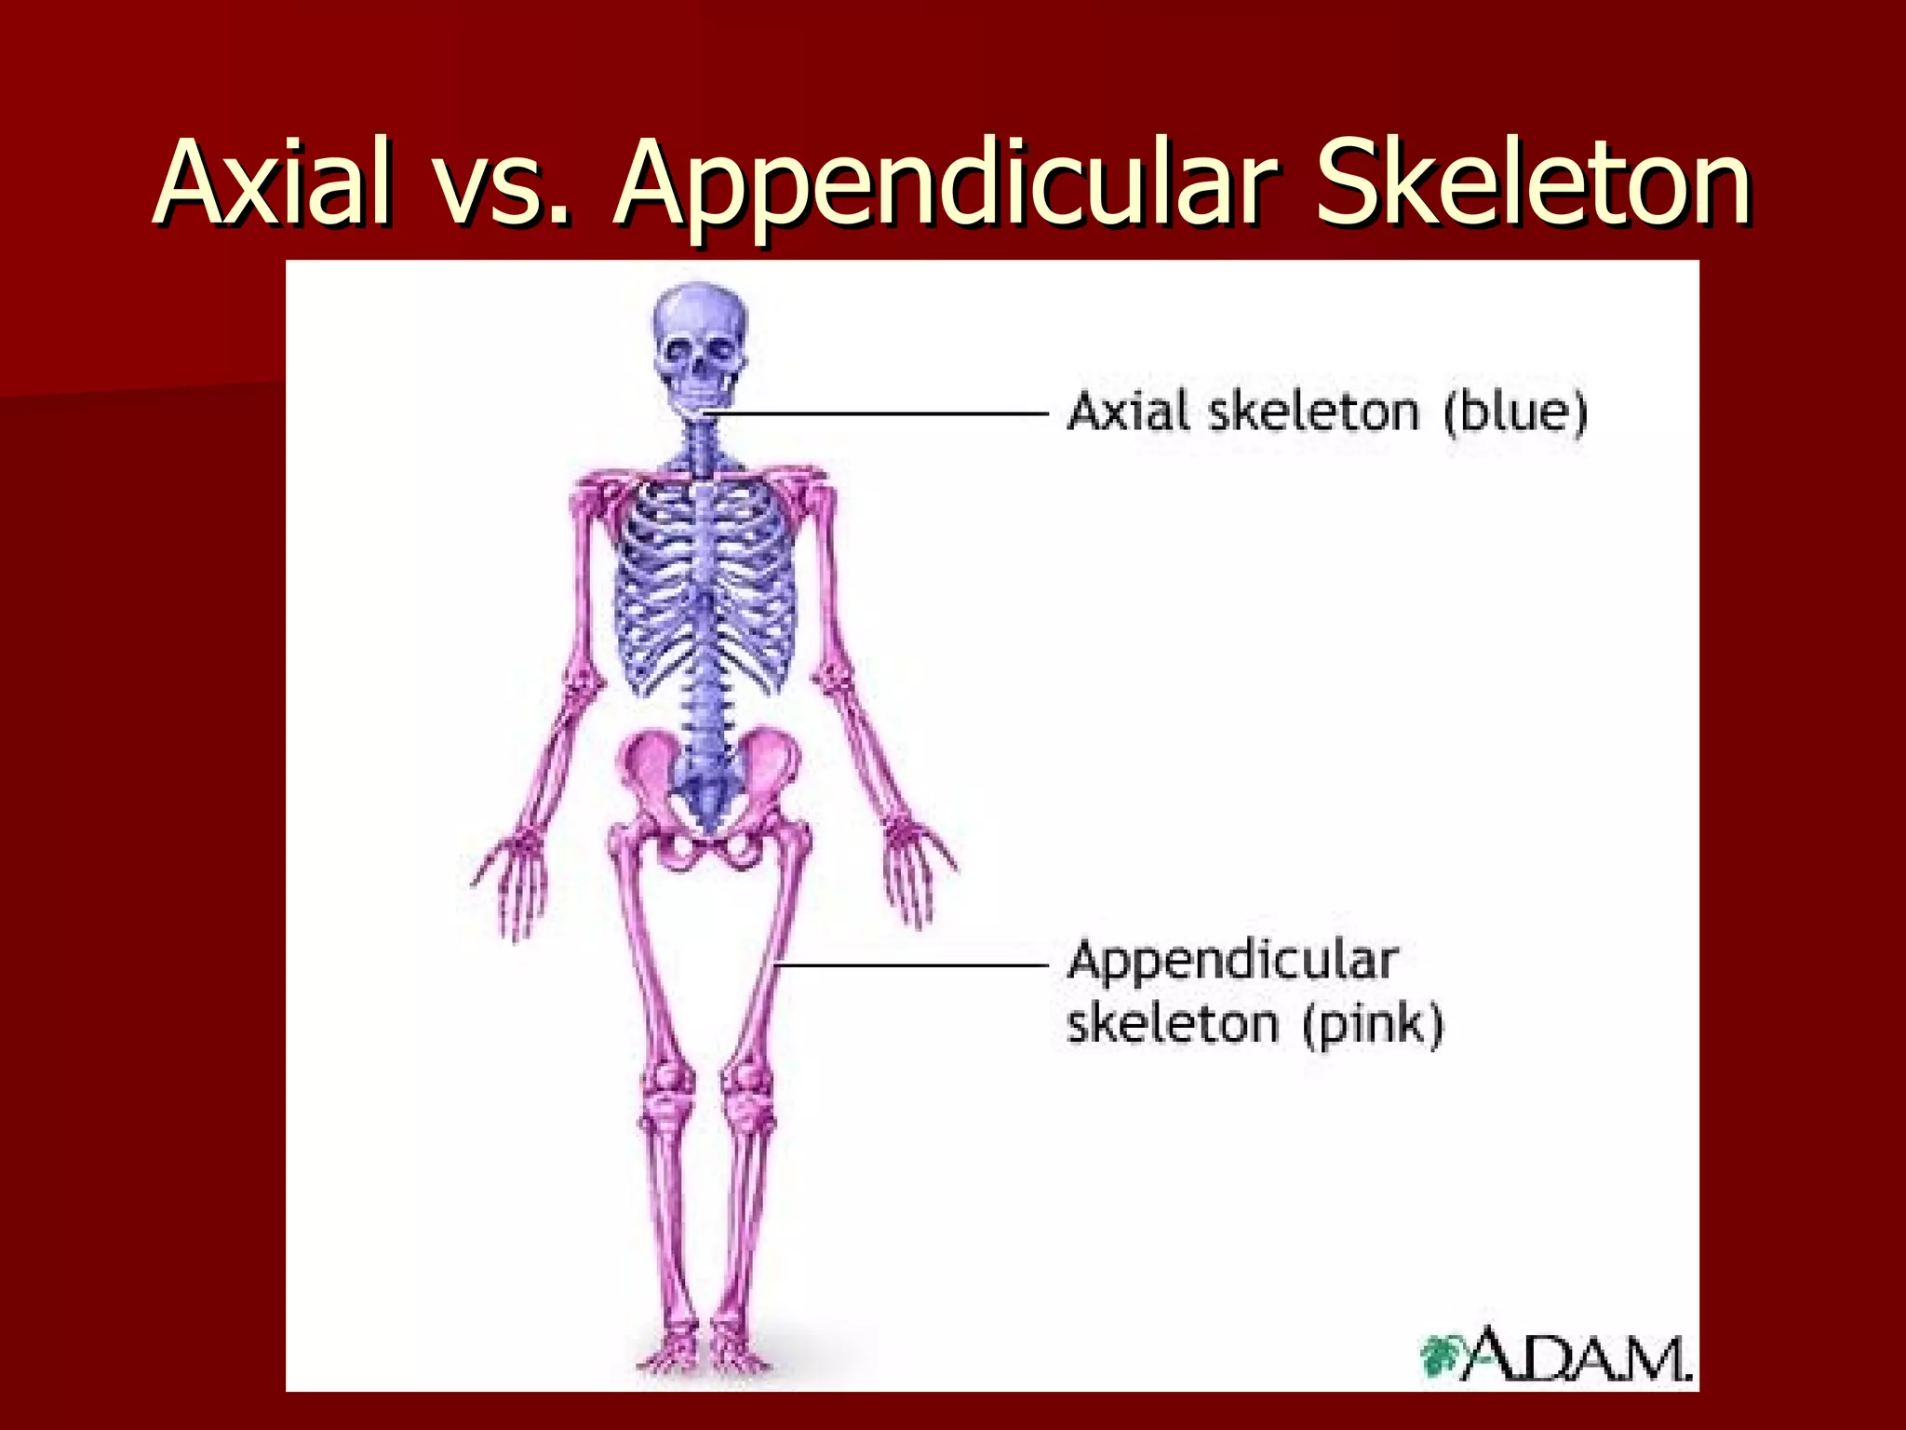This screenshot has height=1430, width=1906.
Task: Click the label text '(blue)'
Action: click(x=1515, y=411)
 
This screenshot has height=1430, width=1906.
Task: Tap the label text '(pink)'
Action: click(x=1374, y=1024)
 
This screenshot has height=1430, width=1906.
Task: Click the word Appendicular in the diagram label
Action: click(x=1232, y=961)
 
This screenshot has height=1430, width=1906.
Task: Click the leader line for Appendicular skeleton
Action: click(x=912, y=965)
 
